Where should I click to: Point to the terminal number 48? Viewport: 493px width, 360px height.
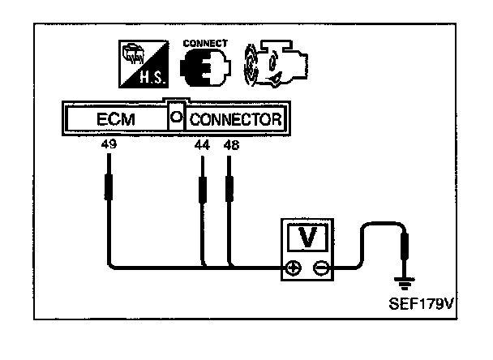point(230,145)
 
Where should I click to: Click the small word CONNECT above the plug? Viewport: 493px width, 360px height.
point(206,43)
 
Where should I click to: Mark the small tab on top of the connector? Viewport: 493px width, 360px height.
point(174,104)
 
